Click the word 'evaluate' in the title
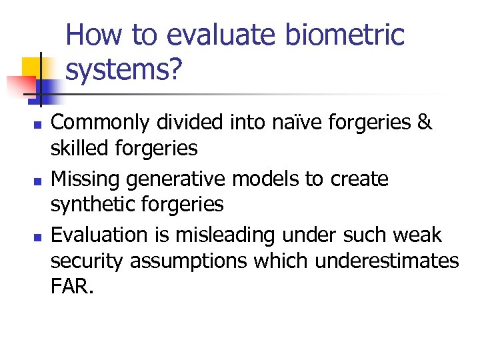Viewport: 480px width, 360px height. pos(201,35)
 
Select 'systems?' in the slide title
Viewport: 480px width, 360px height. pos(123,69)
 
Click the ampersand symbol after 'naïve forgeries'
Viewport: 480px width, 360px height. pos(423,123)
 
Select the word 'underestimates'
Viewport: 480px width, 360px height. pos(387,261)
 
